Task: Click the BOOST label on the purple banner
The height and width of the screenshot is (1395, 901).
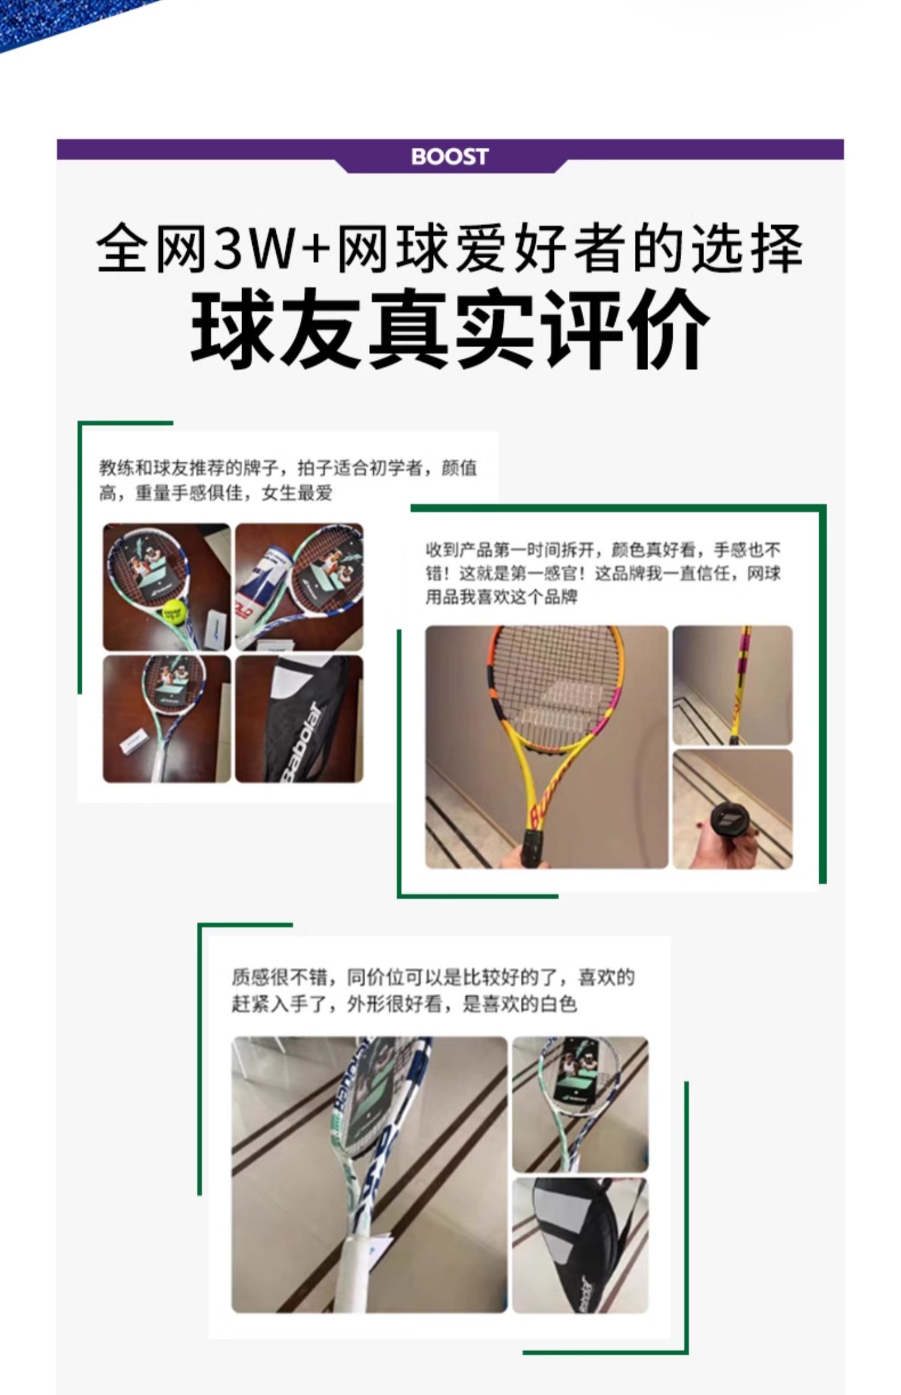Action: [449, 157]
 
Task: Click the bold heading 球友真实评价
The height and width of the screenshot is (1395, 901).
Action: [450, 329]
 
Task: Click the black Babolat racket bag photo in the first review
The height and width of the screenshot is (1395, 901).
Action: [299, 719]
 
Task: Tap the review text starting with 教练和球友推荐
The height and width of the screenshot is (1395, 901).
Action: [288, 481]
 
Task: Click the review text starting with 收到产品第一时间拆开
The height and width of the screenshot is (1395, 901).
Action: [603, 573]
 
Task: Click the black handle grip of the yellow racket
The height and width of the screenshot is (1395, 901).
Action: [533, 849]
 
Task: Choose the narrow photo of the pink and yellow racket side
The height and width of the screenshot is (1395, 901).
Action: [733, 685]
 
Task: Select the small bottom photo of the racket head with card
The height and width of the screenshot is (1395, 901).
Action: [580, 1104]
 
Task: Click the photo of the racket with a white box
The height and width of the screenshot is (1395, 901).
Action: [167, 719]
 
